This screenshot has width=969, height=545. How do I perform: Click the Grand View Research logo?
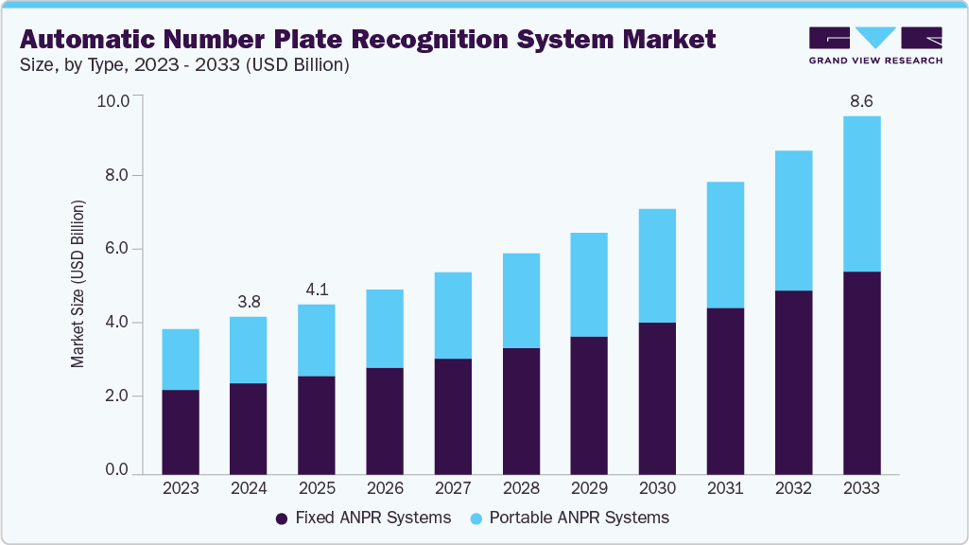(x=874, y=44)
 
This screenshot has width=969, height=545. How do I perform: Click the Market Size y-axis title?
(x=78, y=284)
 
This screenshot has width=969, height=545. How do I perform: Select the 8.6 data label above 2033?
(x=861, y=100)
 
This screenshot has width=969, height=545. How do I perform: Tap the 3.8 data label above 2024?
(x=249, y=302)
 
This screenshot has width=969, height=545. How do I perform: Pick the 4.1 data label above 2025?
(x=317, y=290)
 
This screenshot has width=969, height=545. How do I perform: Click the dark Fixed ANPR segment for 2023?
(x=181, y=431)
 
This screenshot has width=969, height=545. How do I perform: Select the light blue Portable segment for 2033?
(x=861, y=194)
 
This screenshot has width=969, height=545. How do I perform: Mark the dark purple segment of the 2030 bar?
(x=657, y=397)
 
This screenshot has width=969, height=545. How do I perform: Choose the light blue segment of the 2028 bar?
(x=521, y=301)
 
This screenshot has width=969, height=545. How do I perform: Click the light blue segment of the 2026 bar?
(x=385, y=328)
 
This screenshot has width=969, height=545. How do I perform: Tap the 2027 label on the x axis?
(x=453, y=489)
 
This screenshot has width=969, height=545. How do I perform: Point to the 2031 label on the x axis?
(x=725, y=489)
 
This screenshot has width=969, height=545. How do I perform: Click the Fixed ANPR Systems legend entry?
(x=363, y=518)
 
